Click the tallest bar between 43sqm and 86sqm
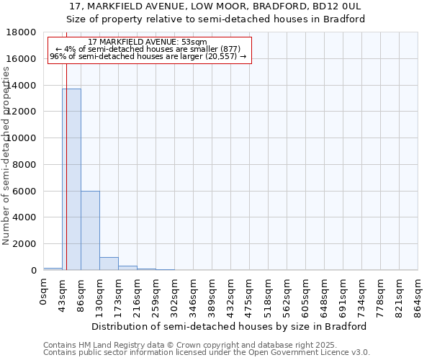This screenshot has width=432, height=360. pos(71,180)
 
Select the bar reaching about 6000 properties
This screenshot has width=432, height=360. pos(90,230)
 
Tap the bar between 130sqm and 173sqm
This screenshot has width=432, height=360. pos(109,264)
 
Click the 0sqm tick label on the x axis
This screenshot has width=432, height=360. pos(43,292)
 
